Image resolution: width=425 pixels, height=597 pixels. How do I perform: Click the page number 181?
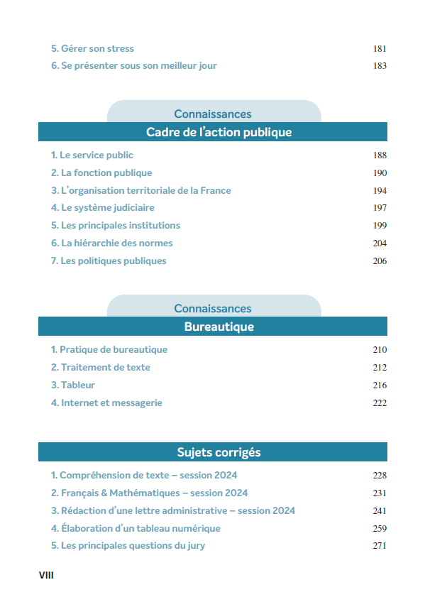click(379, 49)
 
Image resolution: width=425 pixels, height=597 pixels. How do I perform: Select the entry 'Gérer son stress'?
click(92, 49)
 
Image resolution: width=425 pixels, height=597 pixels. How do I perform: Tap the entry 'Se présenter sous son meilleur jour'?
click(133, 66)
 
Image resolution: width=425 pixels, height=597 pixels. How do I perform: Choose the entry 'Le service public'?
click(92, 155)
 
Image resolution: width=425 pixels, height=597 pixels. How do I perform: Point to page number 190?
click(379, 172)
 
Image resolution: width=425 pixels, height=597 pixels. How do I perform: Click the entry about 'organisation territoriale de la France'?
click(140, 190)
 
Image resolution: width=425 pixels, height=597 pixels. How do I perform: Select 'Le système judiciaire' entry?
click(102, 208)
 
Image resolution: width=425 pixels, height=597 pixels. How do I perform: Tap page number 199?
click(379, 226)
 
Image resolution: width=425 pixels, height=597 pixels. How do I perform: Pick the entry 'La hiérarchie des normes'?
click(111, 243)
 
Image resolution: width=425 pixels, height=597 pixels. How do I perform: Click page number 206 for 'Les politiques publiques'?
click(379, 261)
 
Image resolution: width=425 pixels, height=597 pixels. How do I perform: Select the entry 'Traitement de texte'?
click(100, 368)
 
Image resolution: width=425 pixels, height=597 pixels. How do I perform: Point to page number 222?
click(379, 403)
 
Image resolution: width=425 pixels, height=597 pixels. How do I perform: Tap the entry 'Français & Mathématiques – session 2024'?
click(149, 493)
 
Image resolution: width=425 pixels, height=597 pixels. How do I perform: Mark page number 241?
click(379, 510)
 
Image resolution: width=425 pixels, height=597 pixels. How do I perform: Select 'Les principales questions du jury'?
click(128, 546)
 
